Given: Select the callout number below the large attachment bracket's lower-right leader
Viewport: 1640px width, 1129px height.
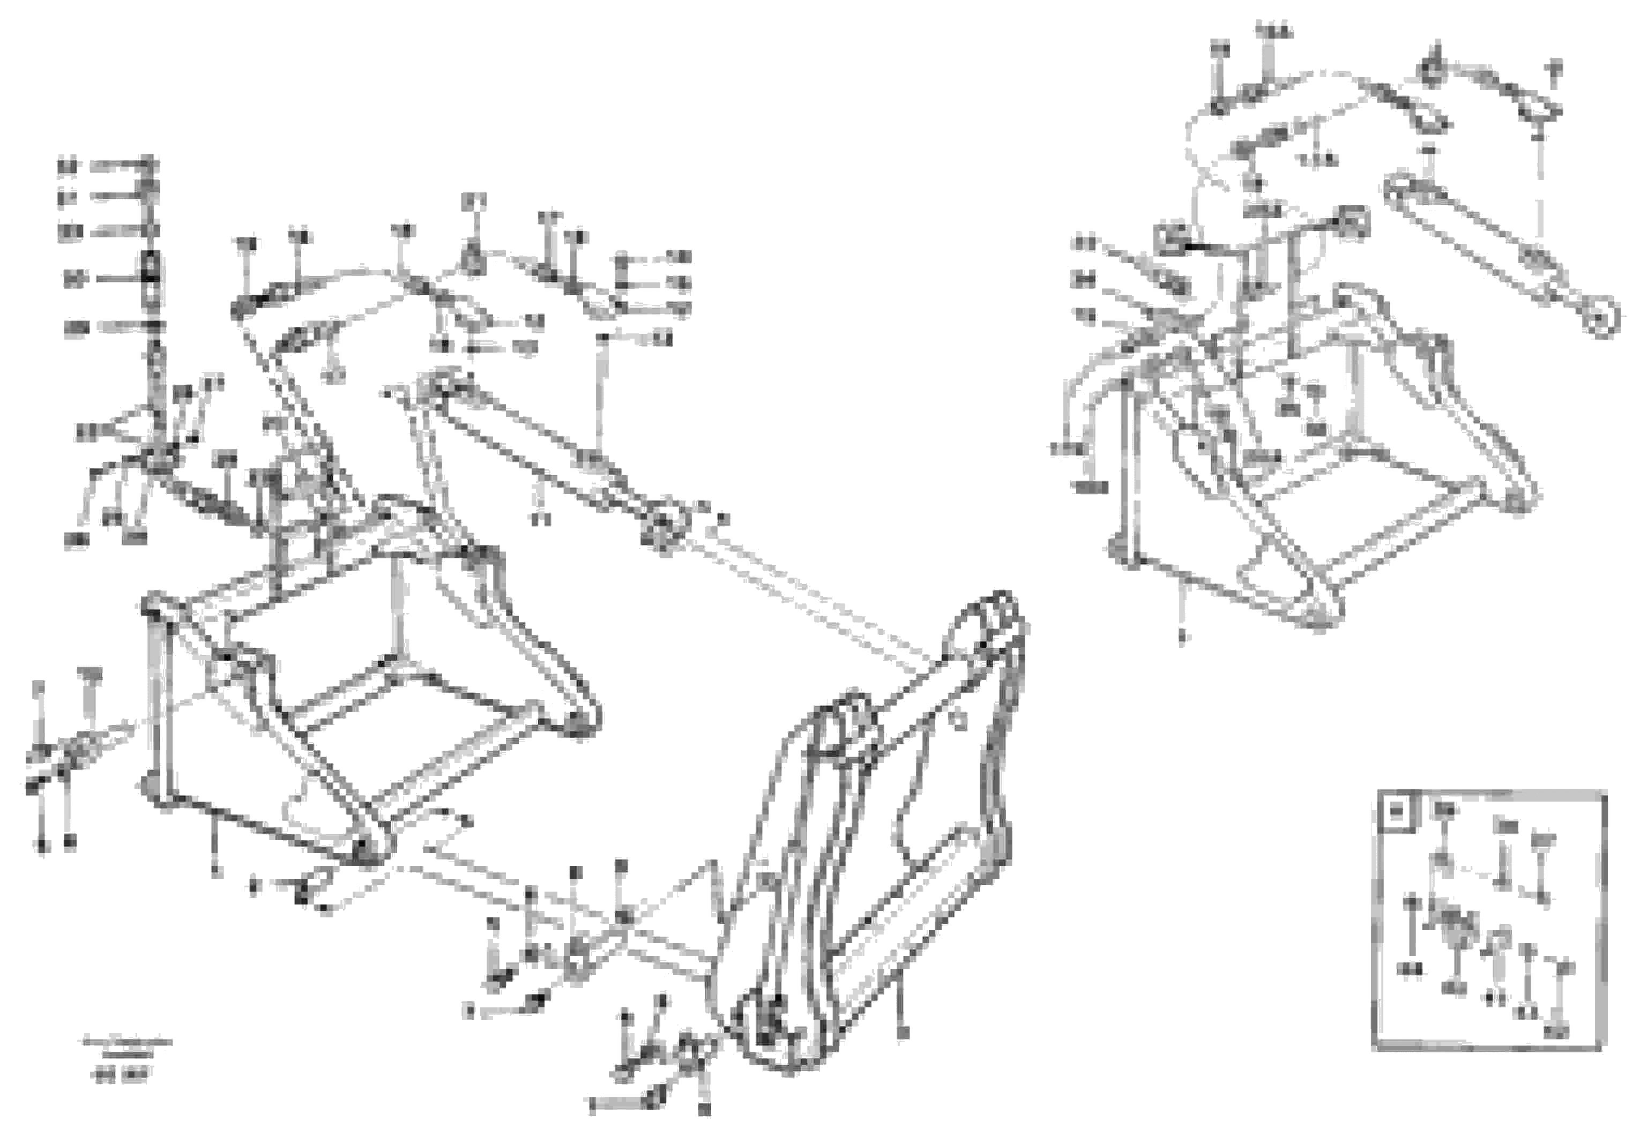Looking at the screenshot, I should [902, 1034].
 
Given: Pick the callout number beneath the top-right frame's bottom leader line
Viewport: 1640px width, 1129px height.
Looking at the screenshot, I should [1181, 637].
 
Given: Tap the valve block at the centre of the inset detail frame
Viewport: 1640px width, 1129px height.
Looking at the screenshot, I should [1452, 928].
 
